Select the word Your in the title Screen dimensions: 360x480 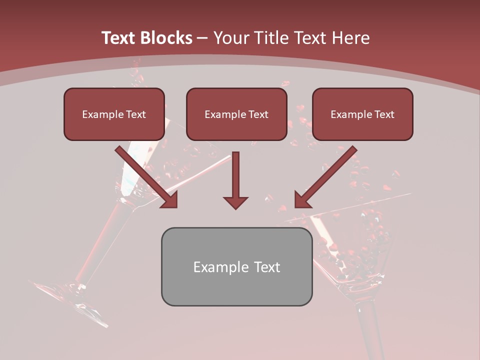coord(229,38)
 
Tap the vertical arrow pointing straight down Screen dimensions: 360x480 coord(235,180)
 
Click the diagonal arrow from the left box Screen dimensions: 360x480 coord(147,177)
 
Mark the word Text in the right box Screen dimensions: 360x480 coord(384,114)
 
